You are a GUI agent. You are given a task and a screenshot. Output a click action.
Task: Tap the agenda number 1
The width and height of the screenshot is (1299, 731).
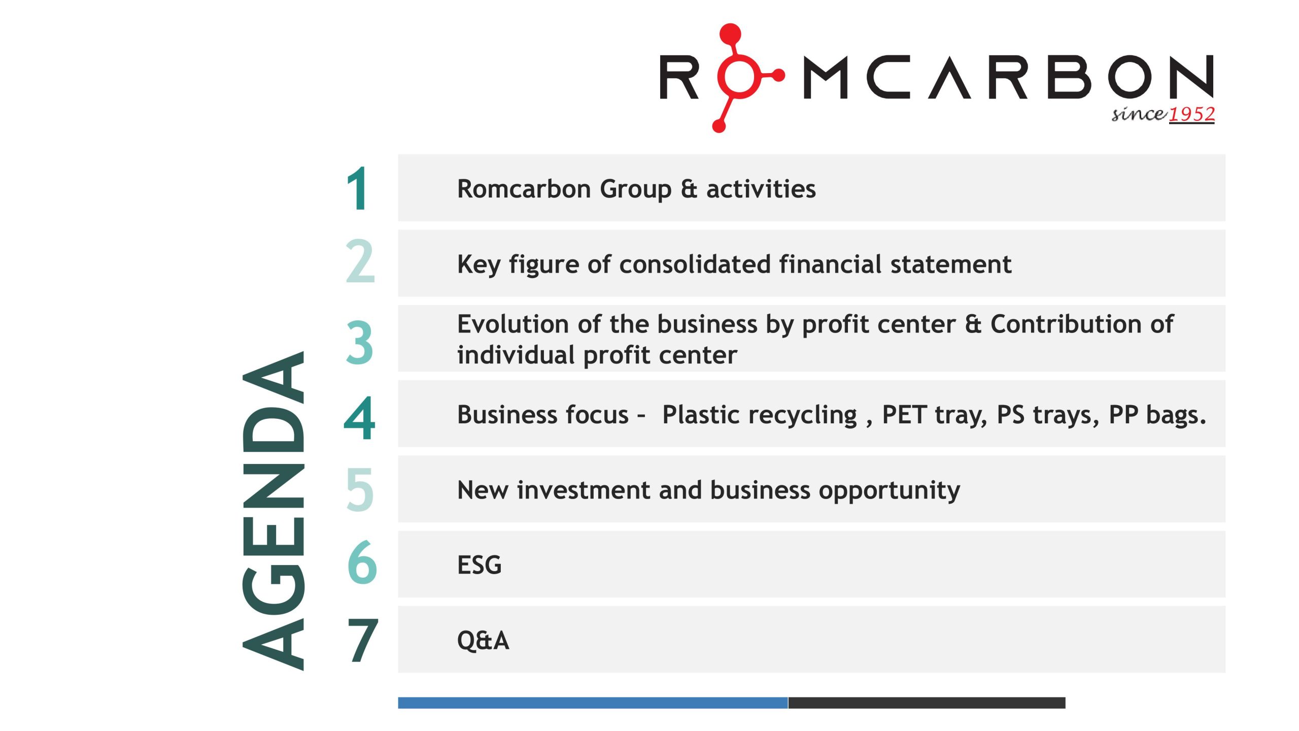coord(358,189)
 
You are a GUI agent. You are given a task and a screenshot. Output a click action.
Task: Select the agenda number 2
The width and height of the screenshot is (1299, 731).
coord(360,262)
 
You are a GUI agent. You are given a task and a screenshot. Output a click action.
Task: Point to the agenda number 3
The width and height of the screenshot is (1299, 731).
coord(360,343)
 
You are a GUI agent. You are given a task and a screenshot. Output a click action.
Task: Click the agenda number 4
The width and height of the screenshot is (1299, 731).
coord(360,418)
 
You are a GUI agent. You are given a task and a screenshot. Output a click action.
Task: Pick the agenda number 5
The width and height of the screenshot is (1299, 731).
coord(360,490)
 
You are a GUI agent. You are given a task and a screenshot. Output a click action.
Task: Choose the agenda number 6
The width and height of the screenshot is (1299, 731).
coord(362,562)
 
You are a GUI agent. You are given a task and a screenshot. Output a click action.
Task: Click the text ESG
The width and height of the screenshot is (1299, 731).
coord(479,565)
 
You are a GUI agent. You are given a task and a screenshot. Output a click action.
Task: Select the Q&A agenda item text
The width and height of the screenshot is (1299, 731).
coord(483,641)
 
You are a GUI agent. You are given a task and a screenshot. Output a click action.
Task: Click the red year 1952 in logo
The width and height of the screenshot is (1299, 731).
coord(1191,114)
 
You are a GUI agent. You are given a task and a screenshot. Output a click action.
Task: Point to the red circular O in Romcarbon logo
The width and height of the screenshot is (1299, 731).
coord(739,76)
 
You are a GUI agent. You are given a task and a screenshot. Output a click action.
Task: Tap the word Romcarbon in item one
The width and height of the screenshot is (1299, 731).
coord(524,189)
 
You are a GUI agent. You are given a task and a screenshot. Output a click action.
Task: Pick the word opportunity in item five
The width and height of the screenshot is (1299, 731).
coord(889,490)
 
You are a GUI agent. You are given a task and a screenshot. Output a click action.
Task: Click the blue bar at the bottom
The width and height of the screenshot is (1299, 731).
coord(593,703)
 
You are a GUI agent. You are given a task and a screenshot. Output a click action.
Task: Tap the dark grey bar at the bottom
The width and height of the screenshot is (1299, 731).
coord(927,703)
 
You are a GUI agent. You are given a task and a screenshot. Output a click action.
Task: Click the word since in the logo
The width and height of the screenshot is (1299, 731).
coord(1139,114)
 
